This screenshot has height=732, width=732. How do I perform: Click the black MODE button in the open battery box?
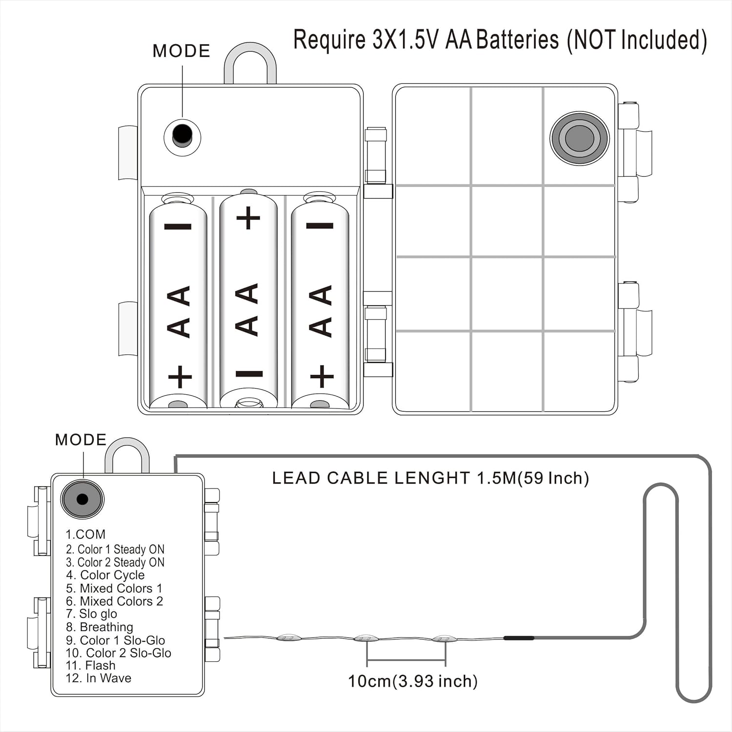pyautogui.click(x=182, y=135)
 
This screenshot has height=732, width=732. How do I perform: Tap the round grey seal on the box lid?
pyautogui.click(x=580, y=138)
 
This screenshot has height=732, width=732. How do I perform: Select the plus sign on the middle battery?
pyautogui.click(x=248, y=218)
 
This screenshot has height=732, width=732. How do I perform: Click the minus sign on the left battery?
pyautogui.click(x=178, y=226)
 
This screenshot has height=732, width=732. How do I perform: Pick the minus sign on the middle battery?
pyautogui.click(x=249, y=374)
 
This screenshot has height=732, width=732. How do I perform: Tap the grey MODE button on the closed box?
pyautogui.click(x=82, y=499)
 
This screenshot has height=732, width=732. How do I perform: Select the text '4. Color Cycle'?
pyautogui.click(x=105, y=575)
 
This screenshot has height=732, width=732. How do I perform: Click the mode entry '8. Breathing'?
pyautogui.click(x=100, y=627)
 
